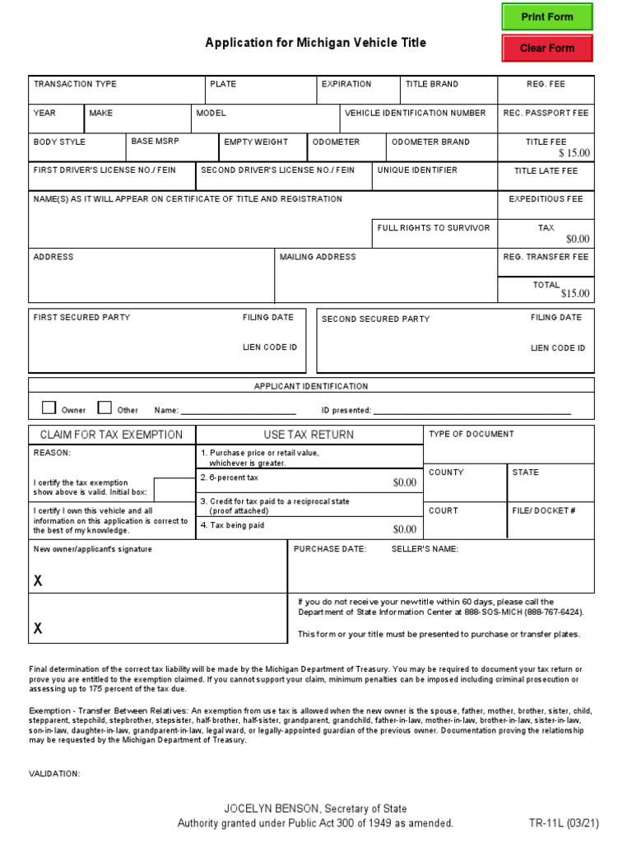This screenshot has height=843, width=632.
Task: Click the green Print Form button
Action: pos(546,16)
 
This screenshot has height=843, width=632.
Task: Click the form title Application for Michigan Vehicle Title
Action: pos(315,43)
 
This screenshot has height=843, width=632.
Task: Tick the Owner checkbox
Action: pos(49,408)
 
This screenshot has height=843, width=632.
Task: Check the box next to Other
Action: pos(105,408)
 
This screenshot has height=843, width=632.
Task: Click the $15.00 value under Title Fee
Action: pos(574,153)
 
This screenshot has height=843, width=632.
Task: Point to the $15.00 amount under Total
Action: pos(574,294)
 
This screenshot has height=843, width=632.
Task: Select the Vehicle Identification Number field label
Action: pos(415,113)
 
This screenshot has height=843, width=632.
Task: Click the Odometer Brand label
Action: pos(430,142)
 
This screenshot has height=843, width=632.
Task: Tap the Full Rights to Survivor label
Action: pos(433,227)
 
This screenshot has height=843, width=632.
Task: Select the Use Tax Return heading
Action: pos(309,435)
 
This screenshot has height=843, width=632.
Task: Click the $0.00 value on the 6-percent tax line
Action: pos(404,482)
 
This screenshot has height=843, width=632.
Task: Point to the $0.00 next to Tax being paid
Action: pos(404,529)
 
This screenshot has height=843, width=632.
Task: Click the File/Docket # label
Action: pos(543,510)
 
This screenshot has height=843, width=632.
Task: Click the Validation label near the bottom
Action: pos(54,774)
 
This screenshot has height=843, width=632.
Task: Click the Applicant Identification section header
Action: pos(311,386)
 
